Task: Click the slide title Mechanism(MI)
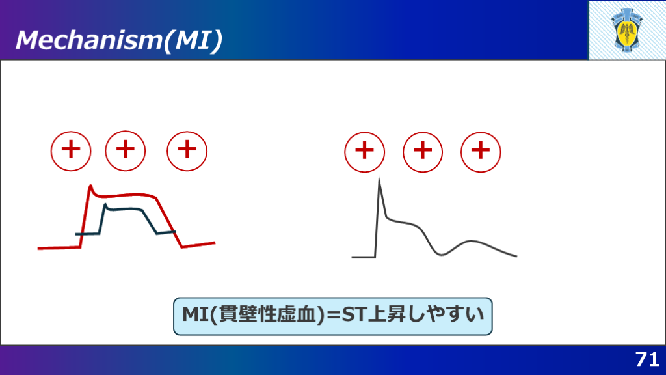tap(119, 40)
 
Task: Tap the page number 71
tap(647, 359)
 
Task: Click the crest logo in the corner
tap(628, 30)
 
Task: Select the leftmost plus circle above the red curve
tap(71, 151)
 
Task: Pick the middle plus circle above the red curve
tap(126, 151)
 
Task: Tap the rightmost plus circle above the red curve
tap(187, 151)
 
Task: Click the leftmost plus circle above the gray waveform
tap(364, 152)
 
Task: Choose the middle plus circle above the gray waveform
tap(423, 152)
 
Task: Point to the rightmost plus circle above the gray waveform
tap(481, 152)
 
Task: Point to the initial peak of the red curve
tap(90, 186)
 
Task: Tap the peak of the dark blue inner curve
tap(105, 205)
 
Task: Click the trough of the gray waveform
tap(441, 255)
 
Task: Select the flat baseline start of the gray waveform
tap(363, 257)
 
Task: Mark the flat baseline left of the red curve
tap(59, 248)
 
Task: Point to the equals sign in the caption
tap(333, 315)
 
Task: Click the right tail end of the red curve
tap(215, 243)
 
